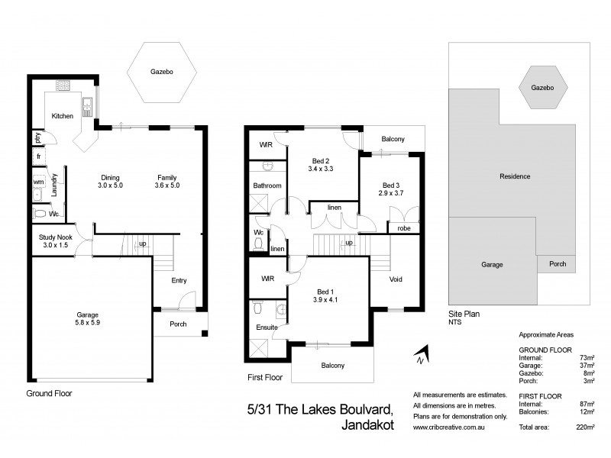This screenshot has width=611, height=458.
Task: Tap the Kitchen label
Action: [x=63, y=116]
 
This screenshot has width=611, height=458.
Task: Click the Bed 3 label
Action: [x=391, y=185]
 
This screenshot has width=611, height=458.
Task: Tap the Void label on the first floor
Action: [x=396, y=279]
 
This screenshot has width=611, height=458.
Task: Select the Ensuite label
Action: [x=267, y=327]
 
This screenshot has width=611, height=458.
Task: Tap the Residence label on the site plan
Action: [x=515, y=176]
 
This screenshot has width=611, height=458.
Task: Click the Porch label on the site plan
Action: [x=558, y=264]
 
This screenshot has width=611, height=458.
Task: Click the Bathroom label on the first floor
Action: [x=267, y=185]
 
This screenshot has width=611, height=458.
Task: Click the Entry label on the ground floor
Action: [x=179, y=280]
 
